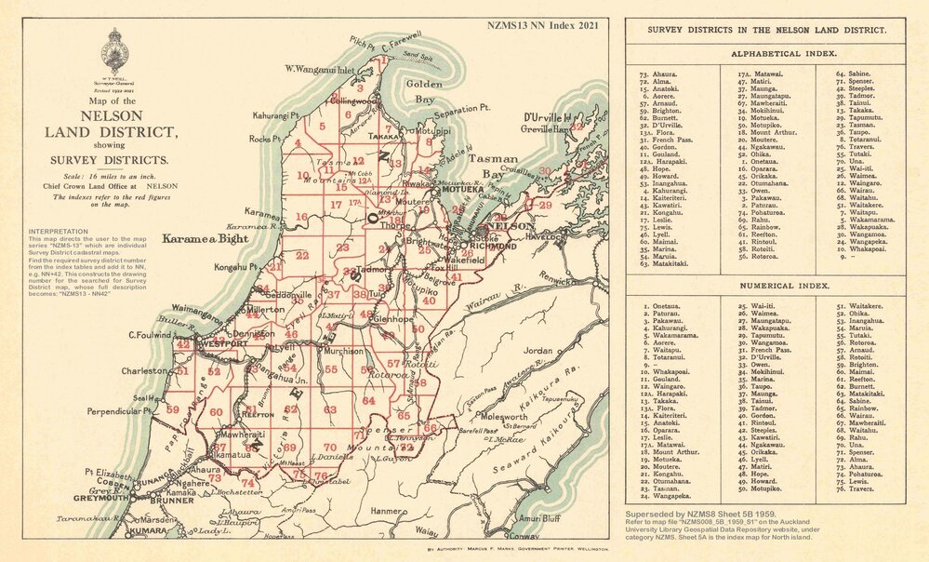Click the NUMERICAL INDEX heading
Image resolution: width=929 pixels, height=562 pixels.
766,287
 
